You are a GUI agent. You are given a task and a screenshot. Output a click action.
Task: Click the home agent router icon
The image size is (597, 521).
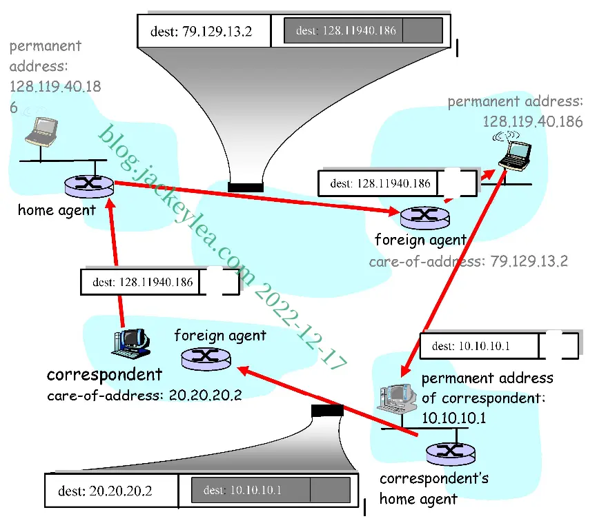[89, 186]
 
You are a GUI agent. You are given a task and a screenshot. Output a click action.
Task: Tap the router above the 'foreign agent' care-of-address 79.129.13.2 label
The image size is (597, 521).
[425, 218]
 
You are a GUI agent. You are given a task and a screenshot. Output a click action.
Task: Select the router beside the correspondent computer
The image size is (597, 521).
[206, 359]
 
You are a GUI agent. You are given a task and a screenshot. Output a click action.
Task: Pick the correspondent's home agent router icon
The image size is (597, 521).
[451, 454]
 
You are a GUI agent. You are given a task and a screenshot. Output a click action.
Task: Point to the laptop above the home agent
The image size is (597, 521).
[42, 132]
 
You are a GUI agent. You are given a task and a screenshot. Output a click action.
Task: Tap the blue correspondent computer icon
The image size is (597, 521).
[132, 343]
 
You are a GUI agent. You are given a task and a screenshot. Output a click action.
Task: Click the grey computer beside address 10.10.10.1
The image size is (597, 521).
[397, 398]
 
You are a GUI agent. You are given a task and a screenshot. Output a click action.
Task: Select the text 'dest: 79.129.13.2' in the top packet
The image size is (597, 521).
[201, 31]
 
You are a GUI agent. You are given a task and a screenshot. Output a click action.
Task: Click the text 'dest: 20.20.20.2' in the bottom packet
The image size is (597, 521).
[105, 491]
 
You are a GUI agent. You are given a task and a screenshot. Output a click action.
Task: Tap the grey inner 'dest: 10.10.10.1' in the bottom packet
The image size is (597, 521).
[242, 490]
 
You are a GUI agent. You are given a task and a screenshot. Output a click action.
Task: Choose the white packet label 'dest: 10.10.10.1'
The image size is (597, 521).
[471, 346]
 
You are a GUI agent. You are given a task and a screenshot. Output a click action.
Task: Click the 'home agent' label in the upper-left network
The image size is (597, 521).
[57, 210]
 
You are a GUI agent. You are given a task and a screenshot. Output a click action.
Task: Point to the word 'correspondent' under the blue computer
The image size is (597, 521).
[104, 375]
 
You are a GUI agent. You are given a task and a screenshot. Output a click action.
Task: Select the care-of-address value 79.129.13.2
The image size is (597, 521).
[529, 261]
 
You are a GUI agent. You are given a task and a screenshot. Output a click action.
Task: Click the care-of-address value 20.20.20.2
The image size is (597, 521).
[205, 395]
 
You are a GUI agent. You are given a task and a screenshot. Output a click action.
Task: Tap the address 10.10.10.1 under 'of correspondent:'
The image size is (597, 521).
[454, 418]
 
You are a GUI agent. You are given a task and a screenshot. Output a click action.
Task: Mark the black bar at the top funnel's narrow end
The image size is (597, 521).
[246, 187]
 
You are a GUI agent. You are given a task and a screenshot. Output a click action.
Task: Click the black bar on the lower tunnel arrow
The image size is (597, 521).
[327, 411]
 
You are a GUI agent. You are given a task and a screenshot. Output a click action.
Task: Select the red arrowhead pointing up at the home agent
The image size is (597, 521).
[111, 205]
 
